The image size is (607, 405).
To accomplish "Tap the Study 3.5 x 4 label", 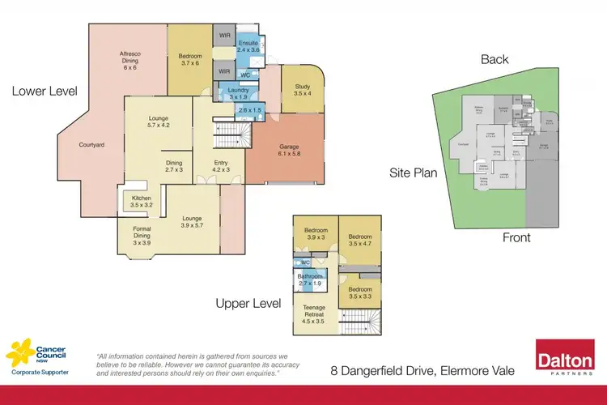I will click(x=301, y=90).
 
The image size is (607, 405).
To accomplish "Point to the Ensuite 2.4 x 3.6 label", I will click(x=248, y=46).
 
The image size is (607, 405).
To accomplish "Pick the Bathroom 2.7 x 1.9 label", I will click(x=311, y=280).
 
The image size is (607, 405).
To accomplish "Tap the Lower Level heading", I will click(x=44, y=91).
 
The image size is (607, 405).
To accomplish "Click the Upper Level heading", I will click(x=247, y=304).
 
